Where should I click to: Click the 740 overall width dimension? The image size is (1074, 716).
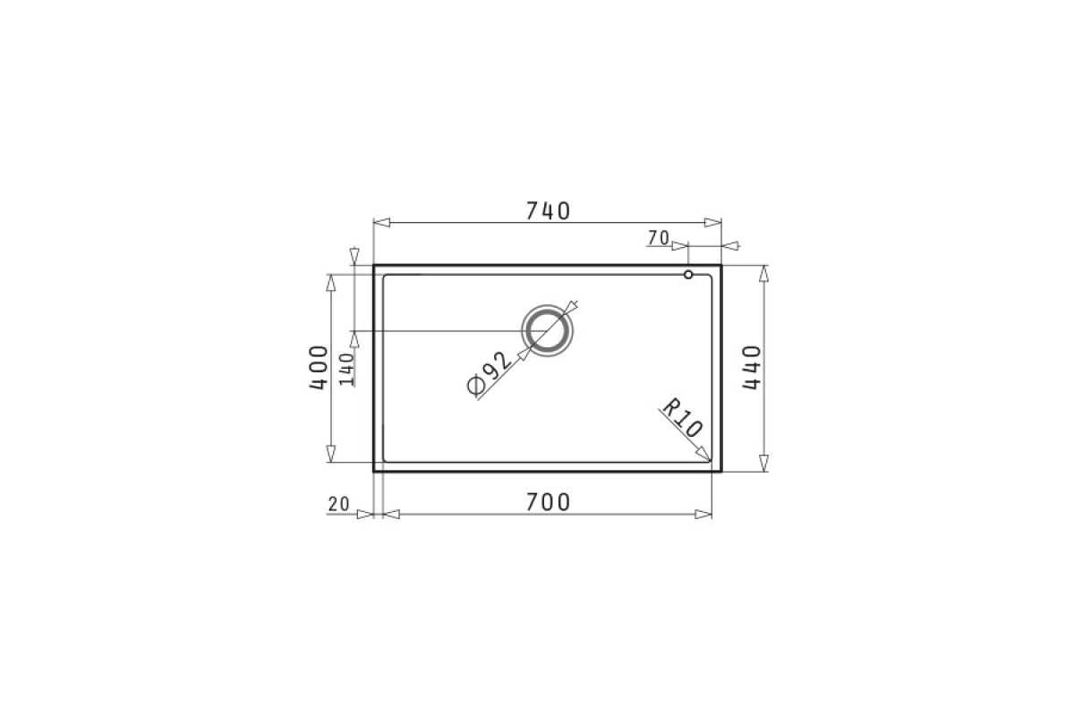click(548, 211)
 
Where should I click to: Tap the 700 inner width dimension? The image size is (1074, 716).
click(548, 503)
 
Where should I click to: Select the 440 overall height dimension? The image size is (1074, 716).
click(751, 368)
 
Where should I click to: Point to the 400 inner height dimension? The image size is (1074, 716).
click(319, 368)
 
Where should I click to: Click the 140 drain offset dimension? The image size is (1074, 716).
click(346, 370)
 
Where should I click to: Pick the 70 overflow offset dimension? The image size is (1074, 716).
click(659, 237)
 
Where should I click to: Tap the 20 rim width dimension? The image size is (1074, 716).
click(338, 504)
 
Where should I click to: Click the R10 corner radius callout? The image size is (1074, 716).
click(682, 418)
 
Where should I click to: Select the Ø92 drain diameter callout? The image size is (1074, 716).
click(489, 373)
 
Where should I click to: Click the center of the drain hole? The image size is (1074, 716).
click(547, 331)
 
